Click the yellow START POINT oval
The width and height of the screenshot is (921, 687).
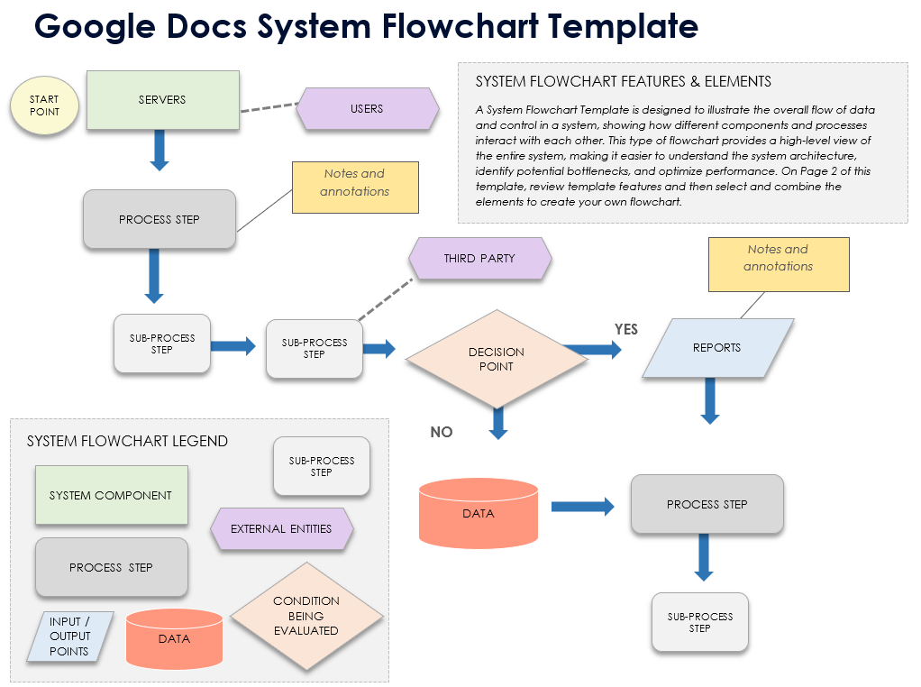pos(44,105)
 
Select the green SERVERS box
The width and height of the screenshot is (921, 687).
pos(162,99)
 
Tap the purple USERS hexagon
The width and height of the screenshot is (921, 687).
pos(367,109)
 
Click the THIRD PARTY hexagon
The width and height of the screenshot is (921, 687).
pos(479,259)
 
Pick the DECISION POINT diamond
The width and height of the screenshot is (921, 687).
pos(496,359)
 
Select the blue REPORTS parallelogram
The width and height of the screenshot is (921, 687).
pos(717,347)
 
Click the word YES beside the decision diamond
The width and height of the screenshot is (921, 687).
pos(626,329)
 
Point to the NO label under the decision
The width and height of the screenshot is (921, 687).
pos(442,432)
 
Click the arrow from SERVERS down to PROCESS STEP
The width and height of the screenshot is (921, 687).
pos(160,149)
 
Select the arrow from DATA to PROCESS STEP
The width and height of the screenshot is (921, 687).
pos(582,507)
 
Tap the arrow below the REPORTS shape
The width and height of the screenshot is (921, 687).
pos(710,399)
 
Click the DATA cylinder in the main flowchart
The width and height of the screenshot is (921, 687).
pos(479,514)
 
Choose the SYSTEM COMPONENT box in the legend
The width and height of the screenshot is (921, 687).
pos(111,495)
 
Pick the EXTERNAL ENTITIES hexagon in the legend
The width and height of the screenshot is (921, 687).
pos(281,529)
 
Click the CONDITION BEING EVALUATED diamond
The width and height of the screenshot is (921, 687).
pos(306,616)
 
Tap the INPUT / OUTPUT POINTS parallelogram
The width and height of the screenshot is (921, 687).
pos(69,637)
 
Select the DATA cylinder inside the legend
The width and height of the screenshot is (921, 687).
pos(174,638)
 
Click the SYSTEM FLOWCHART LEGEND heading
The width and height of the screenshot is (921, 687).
pos(127,441)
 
